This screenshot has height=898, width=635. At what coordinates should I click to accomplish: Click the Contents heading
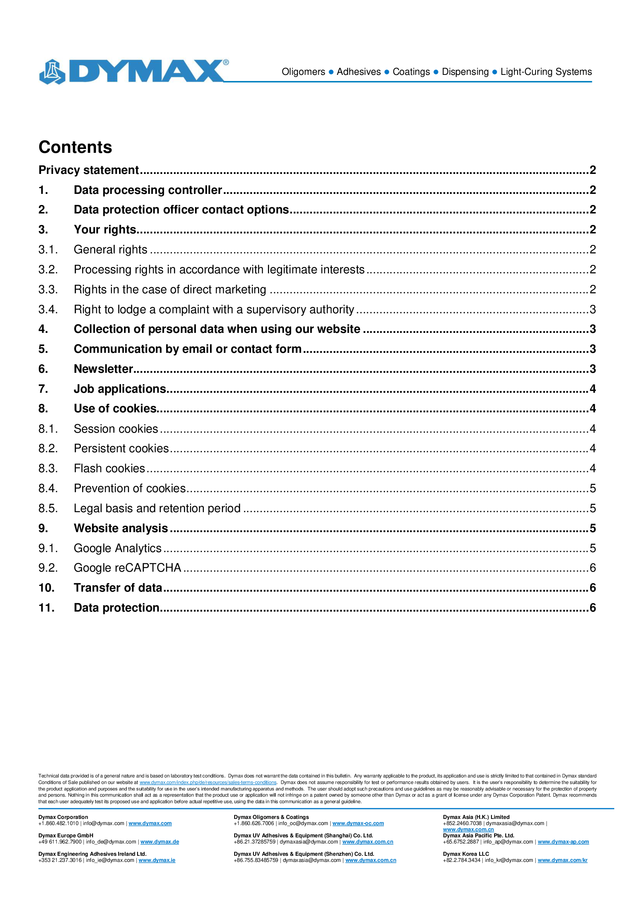[x=76, y=147]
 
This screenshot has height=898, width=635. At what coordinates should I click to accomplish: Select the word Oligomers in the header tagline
[x=303, y=72]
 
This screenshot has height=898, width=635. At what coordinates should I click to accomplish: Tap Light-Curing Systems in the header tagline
[x=546, y=72]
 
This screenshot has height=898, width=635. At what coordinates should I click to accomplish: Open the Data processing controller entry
[x=148, y=190]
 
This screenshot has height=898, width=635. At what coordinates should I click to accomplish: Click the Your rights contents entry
[x=105, y=230]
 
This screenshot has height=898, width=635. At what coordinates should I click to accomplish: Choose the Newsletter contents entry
[x=103, y=369]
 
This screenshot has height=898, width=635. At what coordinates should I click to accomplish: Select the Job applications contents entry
[x=120, y=389]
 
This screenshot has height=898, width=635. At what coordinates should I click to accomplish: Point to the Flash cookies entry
[x=109, y=468]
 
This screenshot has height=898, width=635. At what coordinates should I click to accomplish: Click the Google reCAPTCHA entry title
[x=127, y=567]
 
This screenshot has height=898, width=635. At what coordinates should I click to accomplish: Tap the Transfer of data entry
[x=118, y=587]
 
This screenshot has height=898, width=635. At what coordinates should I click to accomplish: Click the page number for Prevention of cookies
[x=592, y=488]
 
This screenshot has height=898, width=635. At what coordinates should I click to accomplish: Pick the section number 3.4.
[x=48, y=309]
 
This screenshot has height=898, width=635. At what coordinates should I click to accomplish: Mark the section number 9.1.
[x=48, y=548]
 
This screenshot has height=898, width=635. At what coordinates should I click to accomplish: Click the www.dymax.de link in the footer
[x=160, y=842]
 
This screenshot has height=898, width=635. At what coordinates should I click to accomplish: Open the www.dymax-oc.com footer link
[x=358, y=823]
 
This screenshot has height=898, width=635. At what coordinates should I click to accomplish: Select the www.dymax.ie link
[x=157, y=860]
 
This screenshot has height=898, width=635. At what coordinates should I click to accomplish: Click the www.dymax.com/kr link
[x=562, y=860]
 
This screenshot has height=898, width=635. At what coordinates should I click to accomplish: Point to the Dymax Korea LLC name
[x=466, y=854]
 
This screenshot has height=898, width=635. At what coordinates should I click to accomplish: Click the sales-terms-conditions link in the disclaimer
[x=208, y=782]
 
